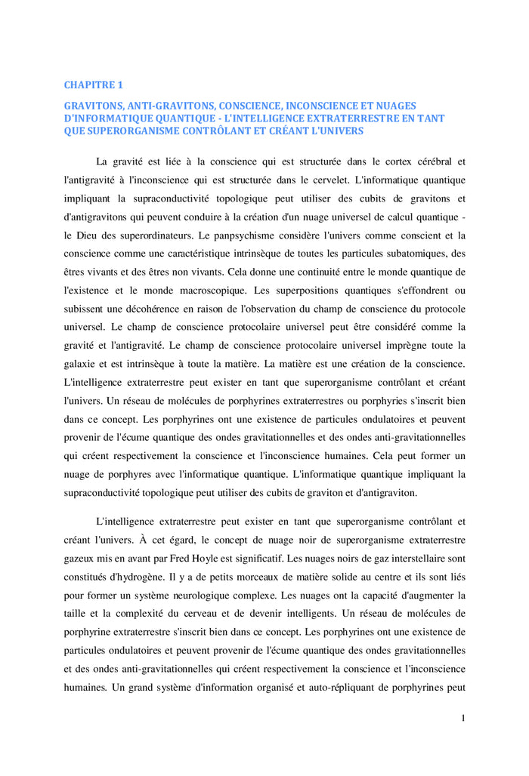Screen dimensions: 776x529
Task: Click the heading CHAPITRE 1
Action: click(x=93, y=85)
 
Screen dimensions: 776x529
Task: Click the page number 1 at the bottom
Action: click(x=462, y=718)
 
